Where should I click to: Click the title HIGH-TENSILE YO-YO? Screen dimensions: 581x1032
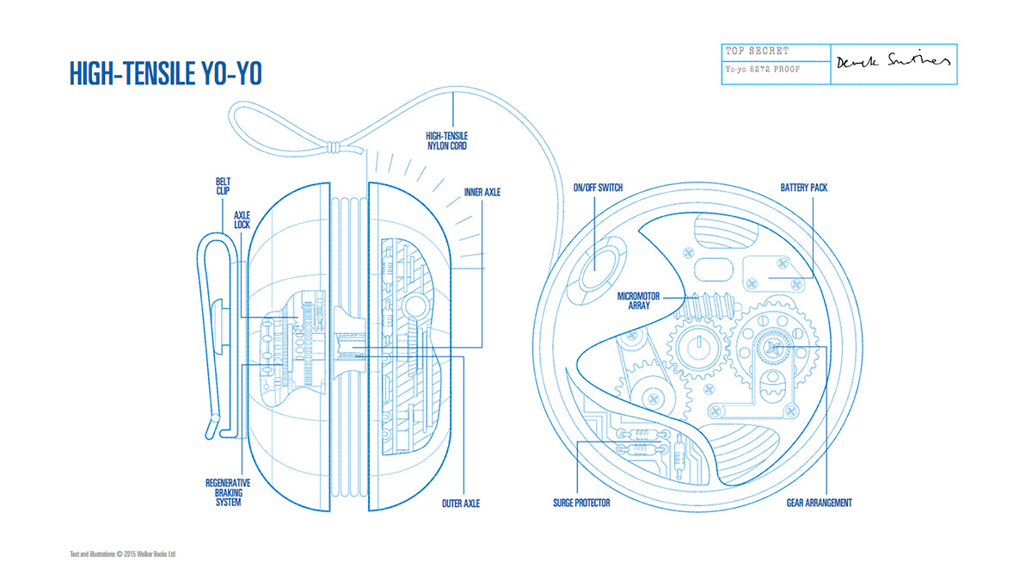click(165, 74)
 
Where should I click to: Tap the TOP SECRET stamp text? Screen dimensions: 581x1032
click(758, 52)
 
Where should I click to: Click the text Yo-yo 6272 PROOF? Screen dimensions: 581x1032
click(763, 69)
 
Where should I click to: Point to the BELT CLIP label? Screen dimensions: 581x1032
click(224, 187)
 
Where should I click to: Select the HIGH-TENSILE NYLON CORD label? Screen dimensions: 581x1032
click(447, 140)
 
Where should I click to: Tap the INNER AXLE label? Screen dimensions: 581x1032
click(482, 192)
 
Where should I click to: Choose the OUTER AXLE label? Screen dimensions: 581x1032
click(461, 503)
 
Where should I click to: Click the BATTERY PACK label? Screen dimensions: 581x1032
click(804, 188)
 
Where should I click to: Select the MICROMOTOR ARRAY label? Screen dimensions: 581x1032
click(639, 300)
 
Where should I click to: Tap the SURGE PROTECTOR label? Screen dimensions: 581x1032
click(581, 503)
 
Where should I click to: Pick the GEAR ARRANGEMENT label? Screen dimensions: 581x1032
click(820, 503)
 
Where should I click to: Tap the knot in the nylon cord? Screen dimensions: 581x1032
click(330, 147)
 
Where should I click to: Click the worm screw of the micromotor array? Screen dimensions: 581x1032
click(708, 303)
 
